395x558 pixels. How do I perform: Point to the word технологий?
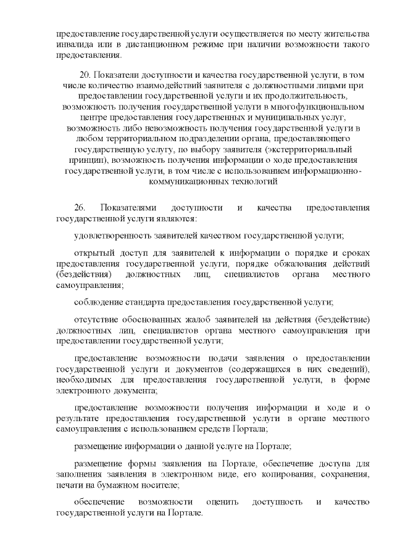pos(240,182)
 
